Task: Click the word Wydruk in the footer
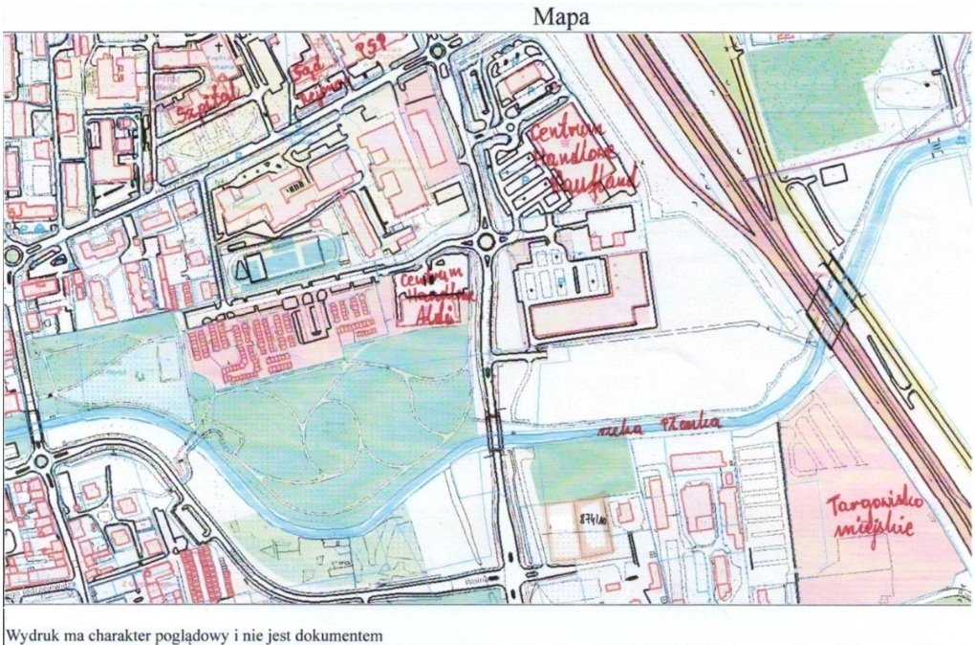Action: (32, 634)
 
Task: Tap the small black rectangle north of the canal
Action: (834, 173)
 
